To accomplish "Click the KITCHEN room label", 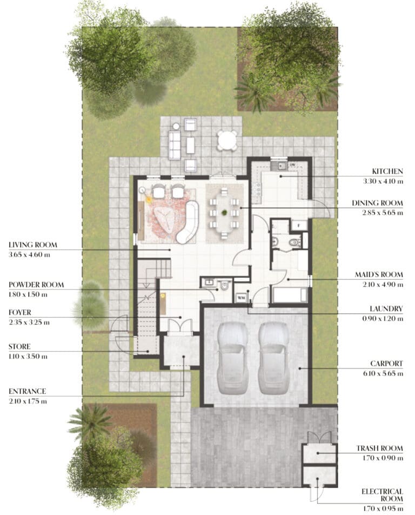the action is [387, 171].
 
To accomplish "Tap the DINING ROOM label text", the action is [377, 203].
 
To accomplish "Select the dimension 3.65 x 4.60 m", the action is [30, 255].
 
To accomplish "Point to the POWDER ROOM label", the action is [36, 285].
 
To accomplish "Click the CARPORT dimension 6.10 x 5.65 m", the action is [383, 373].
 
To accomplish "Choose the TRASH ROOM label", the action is [379, 448].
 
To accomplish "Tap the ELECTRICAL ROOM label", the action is [382, 495].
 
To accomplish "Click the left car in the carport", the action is [232, 358].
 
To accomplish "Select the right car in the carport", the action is [273, 358].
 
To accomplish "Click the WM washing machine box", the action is [242, 298].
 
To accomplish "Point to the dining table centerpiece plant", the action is [224, 212].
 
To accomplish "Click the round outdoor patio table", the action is [227, 140].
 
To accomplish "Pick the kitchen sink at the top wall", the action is [282, 166].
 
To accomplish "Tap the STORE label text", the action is [19, 347].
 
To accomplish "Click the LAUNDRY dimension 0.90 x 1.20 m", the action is [383, 319].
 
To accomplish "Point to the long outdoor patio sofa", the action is [175, 145].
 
